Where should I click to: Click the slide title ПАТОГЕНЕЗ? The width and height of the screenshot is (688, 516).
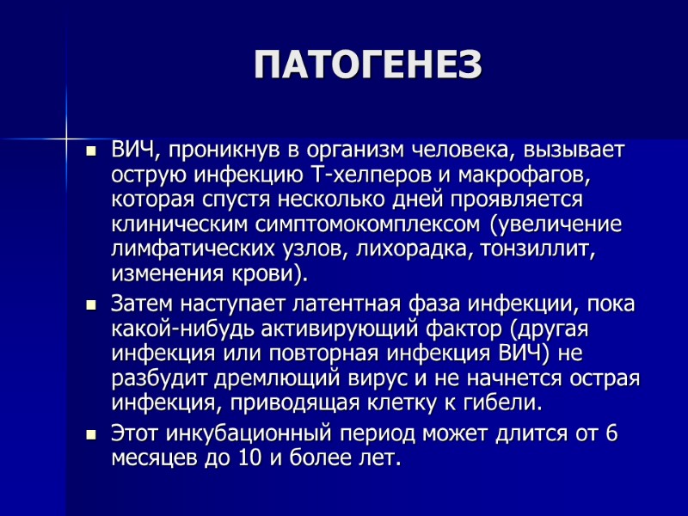pyautogui.click(x=367, y=65)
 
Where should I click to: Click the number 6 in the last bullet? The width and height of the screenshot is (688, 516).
pyautogui.click(x=611, y=433)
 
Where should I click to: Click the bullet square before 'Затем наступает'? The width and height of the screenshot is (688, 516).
pyautogui.click(x=92, y=305)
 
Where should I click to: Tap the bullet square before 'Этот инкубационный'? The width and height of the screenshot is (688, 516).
pyautogui.click(x=92, y=435)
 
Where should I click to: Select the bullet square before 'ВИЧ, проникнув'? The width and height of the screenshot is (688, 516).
pyautogui.click(x=92, y=152)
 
